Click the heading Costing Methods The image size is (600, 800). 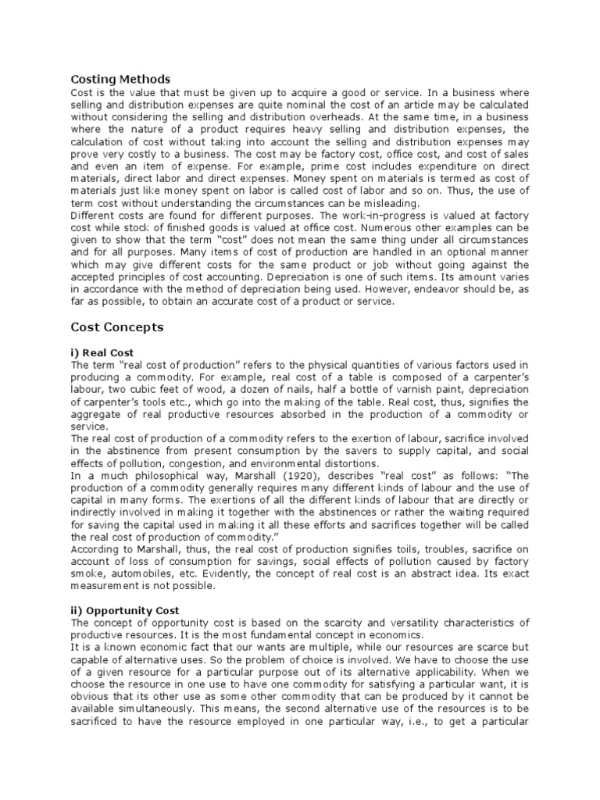[x=120, y=79]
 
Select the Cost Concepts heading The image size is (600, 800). [x=117, y=327]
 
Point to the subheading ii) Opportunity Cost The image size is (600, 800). [x=125, y=609]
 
